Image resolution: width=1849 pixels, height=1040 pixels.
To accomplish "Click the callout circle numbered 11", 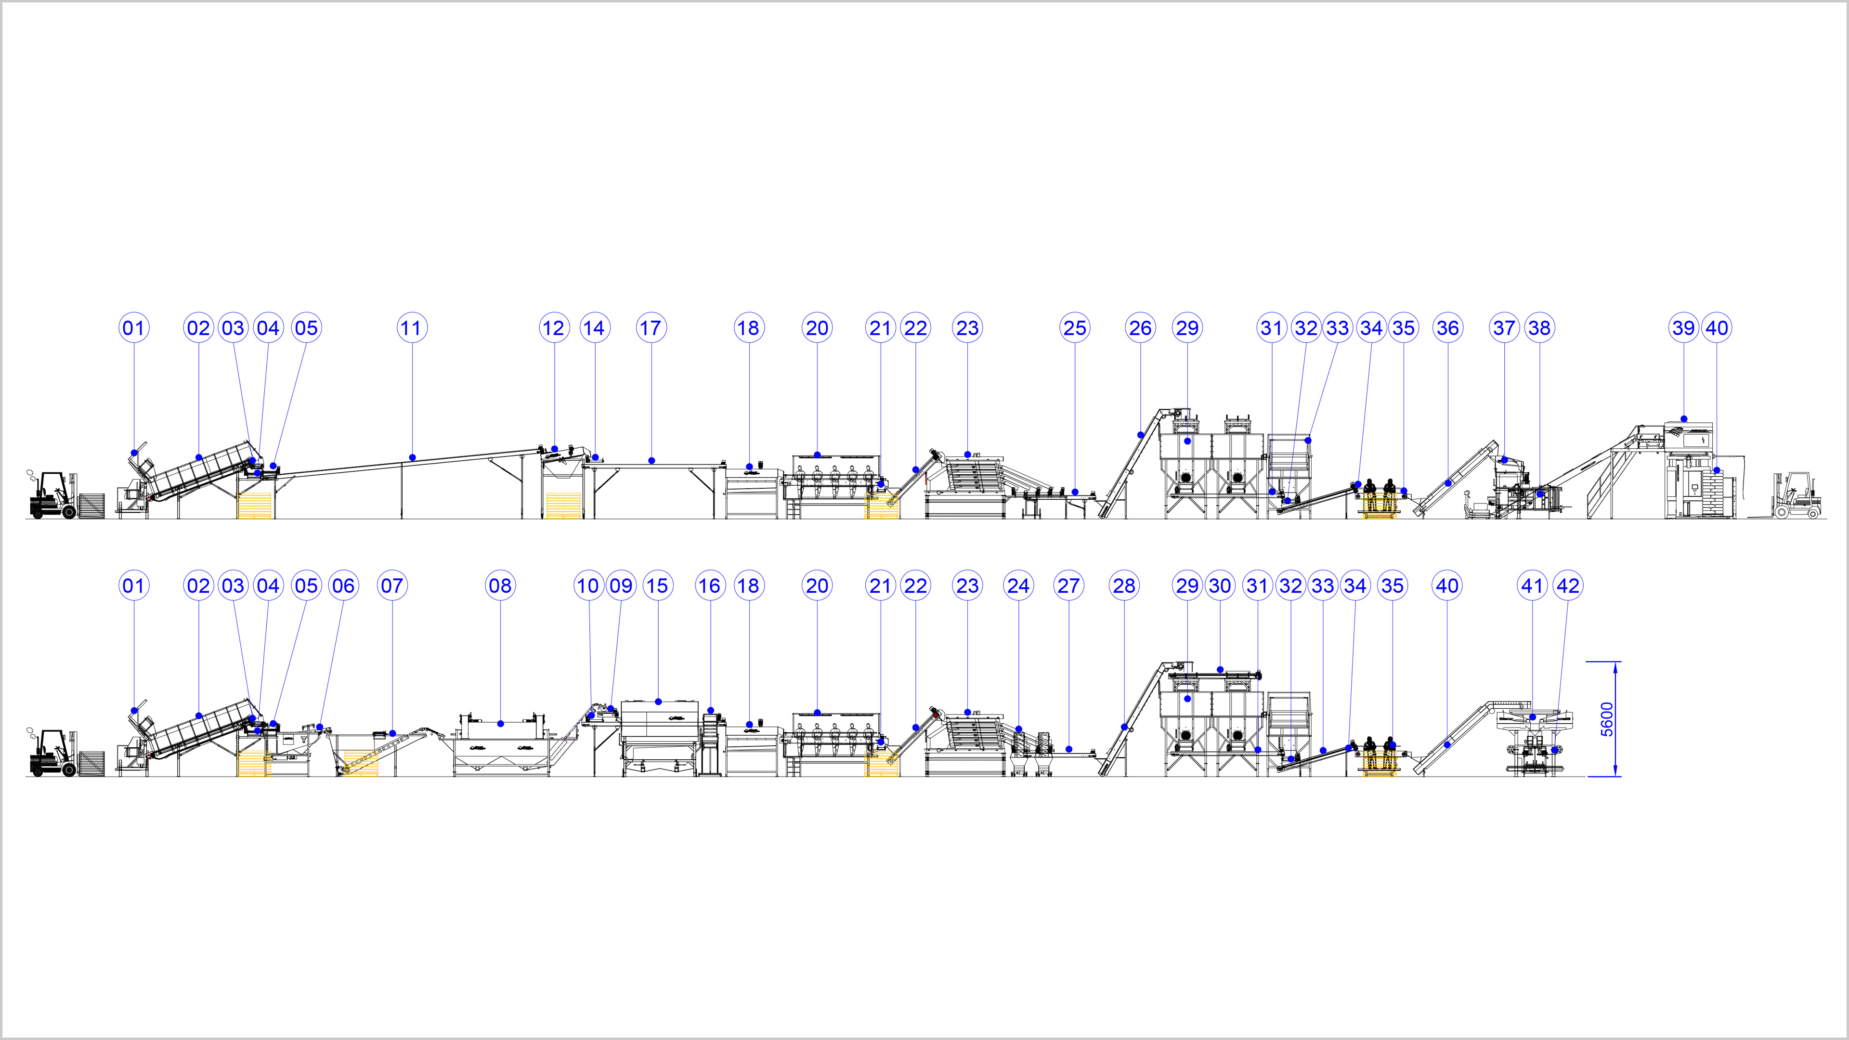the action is (412, 328).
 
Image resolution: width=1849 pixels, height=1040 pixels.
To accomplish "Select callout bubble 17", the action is (651, 328).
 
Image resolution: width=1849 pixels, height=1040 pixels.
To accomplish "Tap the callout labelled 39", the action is (1684, 328).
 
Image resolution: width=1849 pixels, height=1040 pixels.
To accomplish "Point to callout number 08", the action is (500, 585).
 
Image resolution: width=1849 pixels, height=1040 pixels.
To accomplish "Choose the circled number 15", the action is (657, 585).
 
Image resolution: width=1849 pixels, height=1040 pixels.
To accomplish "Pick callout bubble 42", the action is (1568, 585).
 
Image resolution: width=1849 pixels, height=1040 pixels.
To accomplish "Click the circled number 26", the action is (1141, 328).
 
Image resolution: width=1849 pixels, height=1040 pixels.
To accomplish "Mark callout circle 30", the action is (1220, 585).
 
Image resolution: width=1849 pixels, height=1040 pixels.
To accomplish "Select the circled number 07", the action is (392, 585).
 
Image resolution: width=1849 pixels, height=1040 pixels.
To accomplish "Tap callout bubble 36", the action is (1448, 328).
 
